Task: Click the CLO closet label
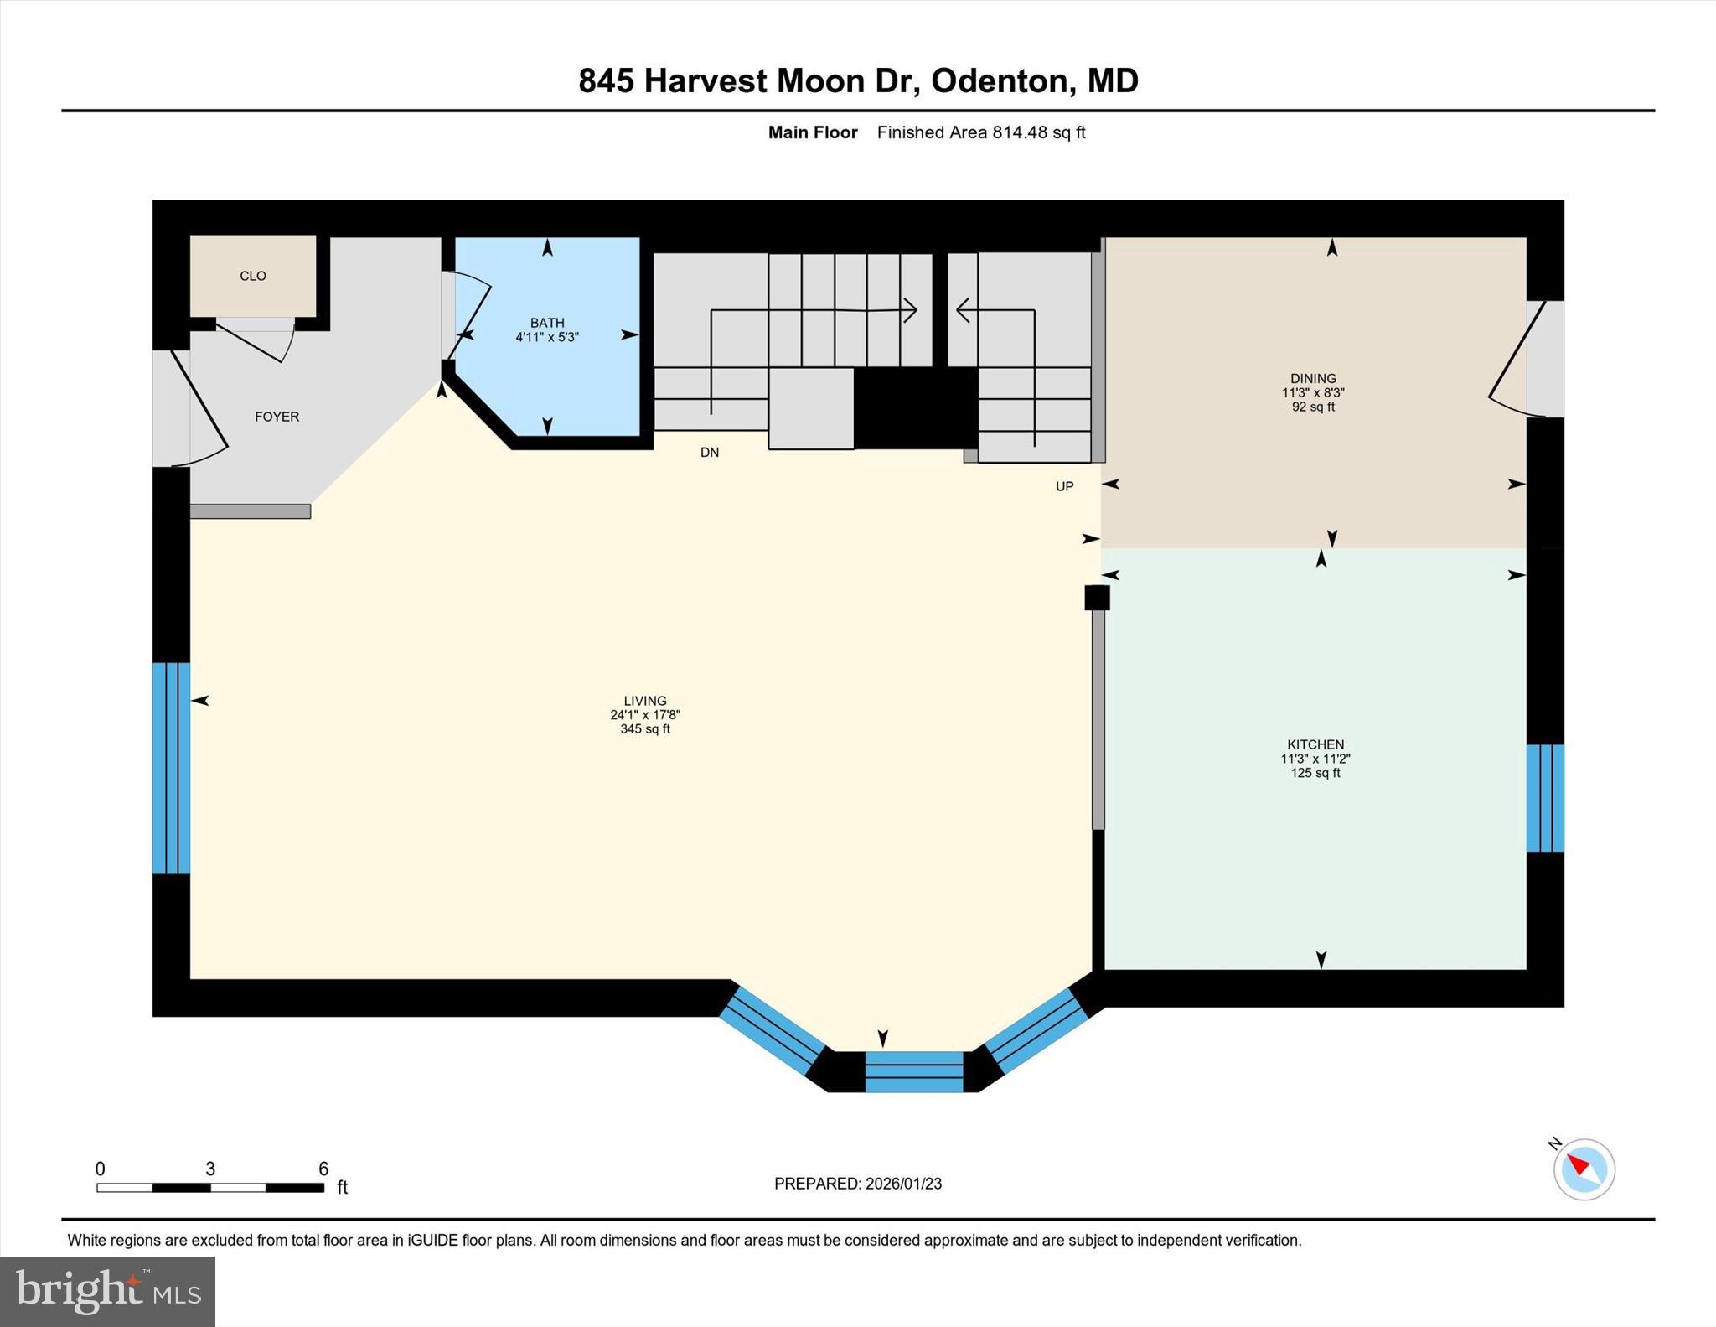point(252,276)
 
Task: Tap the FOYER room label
point(277,417)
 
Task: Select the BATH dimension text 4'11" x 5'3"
point(547,337)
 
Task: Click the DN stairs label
point(710,453)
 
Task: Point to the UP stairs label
point(1064,486)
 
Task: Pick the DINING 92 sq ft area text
point(1313,407)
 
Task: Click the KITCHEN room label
point(1315,744)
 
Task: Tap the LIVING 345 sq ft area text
point(645,729)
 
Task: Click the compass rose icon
point(1584,1169)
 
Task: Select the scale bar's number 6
point(323,1169)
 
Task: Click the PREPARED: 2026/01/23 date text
point(857,1184)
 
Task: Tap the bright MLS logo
point(107,1291)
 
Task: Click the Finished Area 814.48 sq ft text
point(980,132)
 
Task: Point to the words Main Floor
point(812,132)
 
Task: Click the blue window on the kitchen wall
point(1544,798)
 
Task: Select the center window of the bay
point(913,1072)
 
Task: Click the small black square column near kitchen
point(1097,598)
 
